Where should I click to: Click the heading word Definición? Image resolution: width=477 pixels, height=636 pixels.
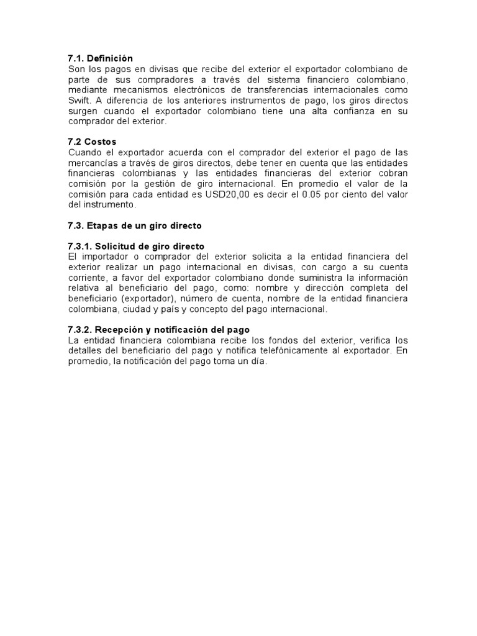tap(111, 58)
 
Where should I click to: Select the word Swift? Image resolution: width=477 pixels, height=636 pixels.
tap(79, 101)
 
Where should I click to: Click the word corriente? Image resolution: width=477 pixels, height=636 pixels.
tap(86, 278)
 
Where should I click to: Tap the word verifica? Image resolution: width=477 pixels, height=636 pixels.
tap(377, 340)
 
